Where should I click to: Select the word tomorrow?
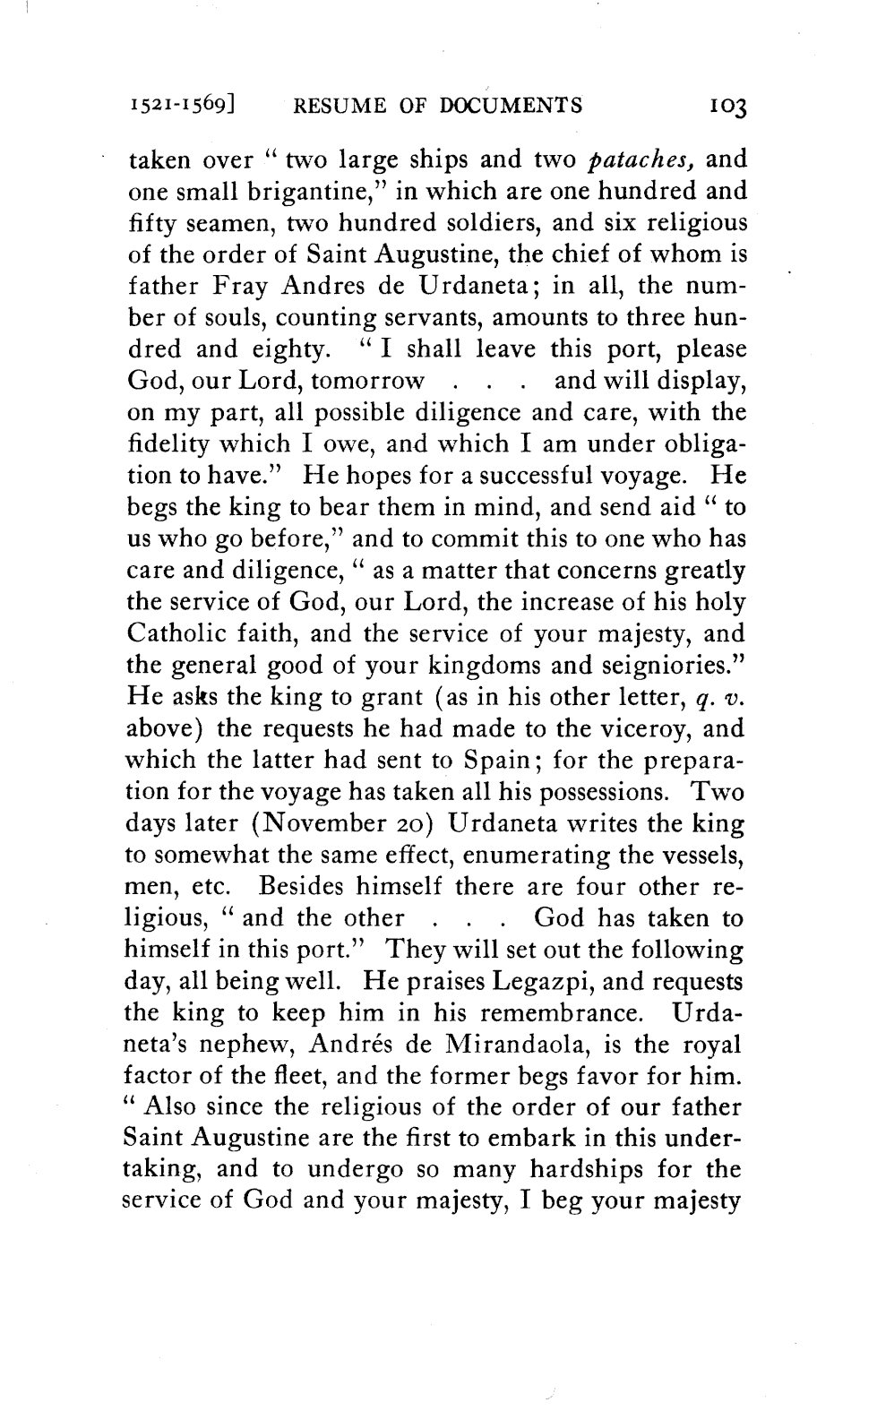(367, 381)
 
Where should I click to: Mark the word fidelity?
(167, 444)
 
